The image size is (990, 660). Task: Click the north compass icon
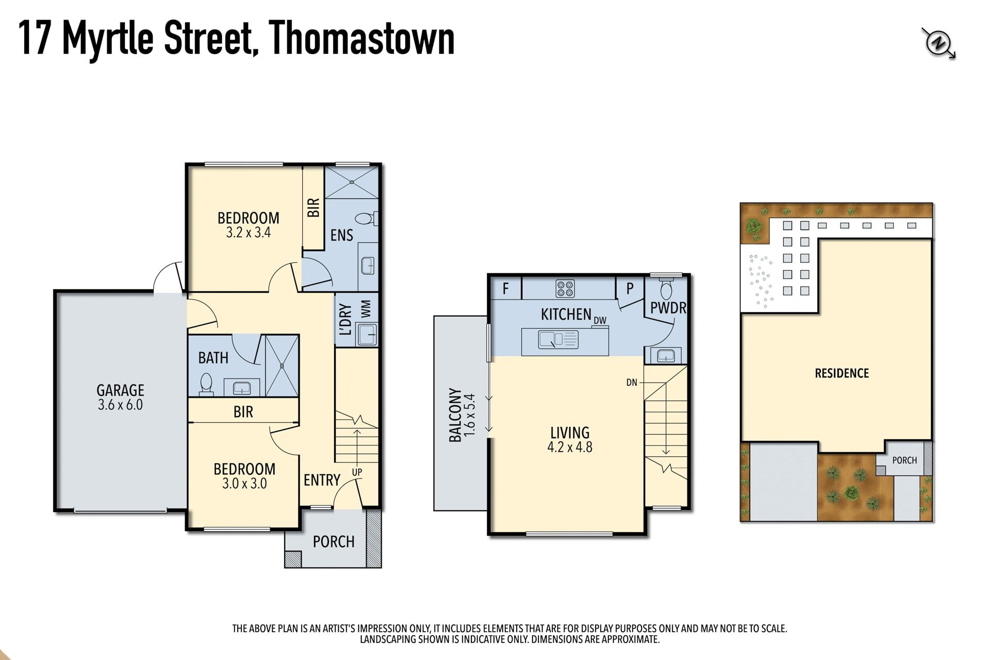pos(938,43)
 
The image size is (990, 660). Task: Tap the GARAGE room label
pos(120,390)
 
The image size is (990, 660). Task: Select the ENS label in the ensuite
pos(341,235)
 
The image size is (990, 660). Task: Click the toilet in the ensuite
pos(368,219)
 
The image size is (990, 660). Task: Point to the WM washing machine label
pos(366,309)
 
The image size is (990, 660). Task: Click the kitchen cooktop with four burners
pos(565,288)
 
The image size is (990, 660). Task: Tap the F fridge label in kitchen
pos(506,288)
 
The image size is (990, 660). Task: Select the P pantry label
pos(630,288)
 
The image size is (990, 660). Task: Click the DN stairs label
pos(632,383)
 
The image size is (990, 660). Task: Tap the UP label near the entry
pos(357,472)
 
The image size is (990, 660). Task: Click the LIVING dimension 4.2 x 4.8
pos(570,447)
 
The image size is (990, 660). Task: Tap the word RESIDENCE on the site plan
pos(841,373)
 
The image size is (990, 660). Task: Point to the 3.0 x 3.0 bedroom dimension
pos(244,484)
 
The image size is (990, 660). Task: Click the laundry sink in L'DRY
pos(368,334)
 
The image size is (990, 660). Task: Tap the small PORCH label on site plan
pos(904,460)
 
